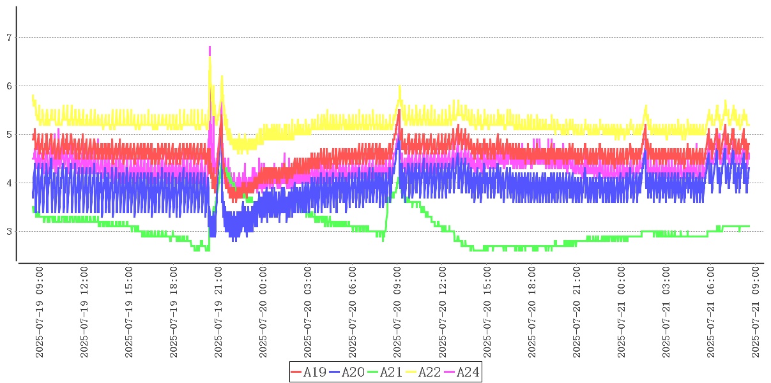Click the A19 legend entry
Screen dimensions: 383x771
(x=310, y=372)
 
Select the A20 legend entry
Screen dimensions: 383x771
(x=348, y=372)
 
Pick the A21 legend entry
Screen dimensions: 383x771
(x=386, y=372)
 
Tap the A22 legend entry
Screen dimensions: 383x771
(x=425, y=372)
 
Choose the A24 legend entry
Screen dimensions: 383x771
(x=463, y=372)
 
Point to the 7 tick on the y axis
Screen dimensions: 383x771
(x=9, y=38)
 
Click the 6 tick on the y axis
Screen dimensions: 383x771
(x=9, y=86)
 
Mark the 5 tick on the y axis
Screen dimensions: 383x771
(x=9, y=135)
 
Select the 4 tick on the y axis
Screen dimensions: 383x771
(x=9, y=183)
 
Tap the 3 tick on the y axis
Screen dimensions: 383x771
(x=9, y=232)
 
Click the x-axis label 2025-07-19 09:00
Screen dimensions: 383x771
(x=40, y=312)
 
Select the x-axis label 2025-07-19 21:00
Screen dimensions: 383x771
(x=218, y=312)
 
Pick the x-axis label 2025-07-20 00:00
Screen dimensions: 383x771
(x=263, y=312)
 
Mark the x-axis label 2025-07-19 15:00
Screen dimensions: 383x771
(x=129, y=312)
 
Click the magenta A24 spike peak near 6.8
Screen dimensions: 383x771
(x=210, y=47)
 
